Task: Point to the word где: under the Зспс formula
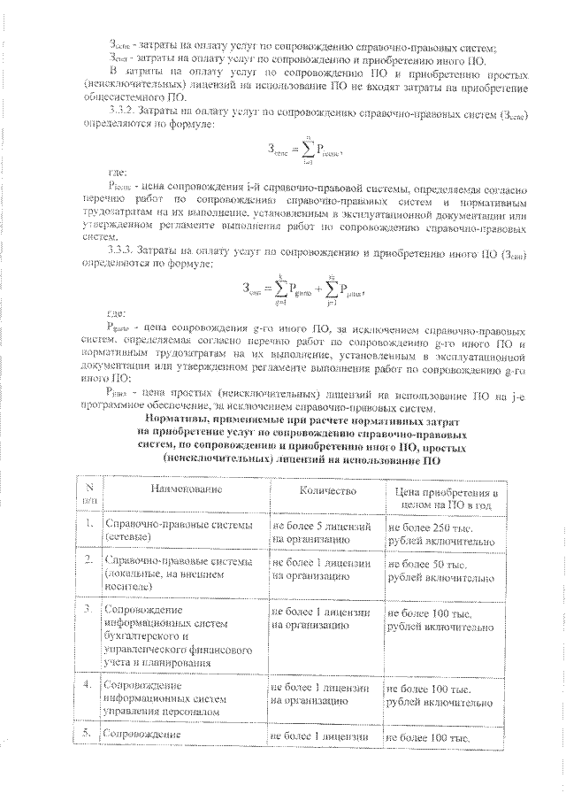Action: click(115, 173)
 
